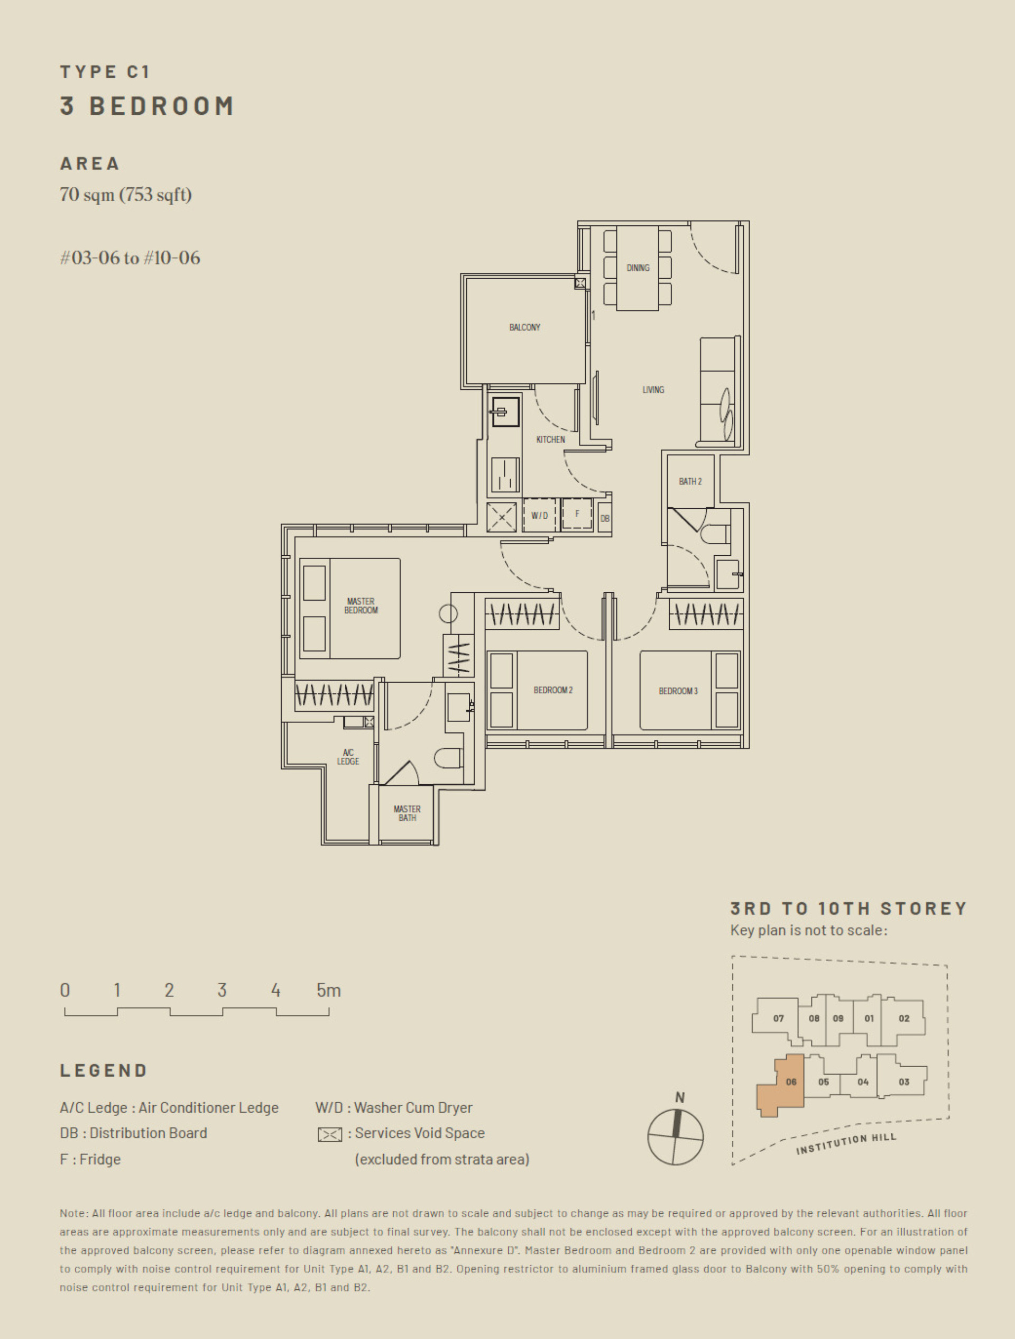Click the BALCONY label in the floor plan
[524, 327]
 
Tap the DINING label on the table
[638, 268]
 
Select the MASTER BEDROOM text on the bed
[361, 606]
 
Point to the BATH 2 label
[690, 481]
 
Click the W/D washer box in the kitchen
[539, 516]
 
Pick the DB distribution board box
[605, 519]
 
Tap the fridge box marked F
[577, 515]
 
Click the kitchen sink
[505, 412]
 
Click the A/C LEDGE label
[348, 757]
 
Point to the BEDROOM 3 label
[678, 691]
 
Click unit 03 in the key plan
[903, 1082]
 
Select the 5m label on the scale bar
[328, 991]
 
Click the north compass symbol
[676, 1137]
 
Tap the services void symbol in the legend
[330, 1134]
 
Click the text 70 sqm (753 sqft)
[125, 195]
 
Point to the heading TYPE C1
[105, 72]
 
